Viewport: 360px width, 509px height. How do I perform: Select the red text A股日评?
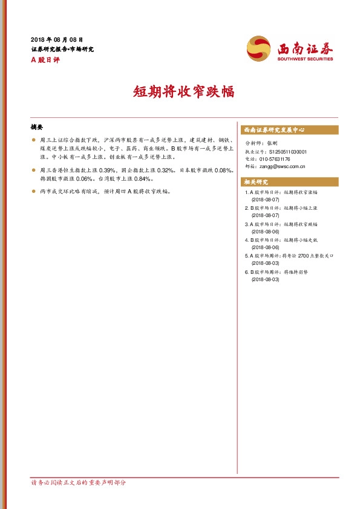44,59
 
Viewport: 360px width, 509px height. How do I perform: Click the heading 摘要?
37,128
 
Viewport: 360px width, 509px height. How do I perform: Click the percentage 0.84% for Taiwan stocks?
143,180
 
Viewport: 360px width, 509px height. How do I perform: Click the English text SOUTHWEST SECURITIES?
306,59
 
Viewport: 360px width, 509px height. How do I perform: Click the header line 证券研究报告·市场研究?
62,49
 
